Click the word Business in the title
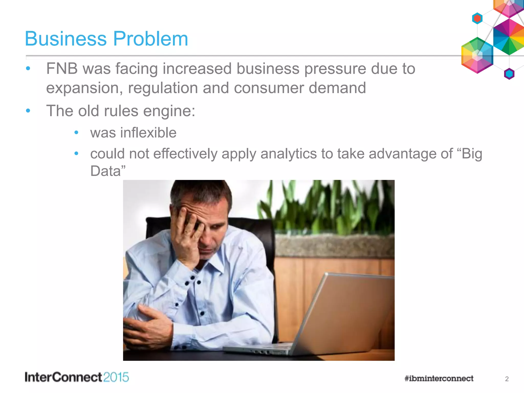coord(66,39)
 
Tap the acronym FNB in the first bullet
coord(62,69)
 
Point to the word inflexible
coord(148,133)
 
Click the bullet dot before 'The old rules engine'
coord(28,111)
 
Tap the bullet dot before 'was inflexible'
coord(76,133)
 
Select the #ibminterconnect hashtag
coord(439,378)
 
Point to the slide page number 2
coord(507,379)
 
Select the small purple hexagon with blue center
coord(509,74)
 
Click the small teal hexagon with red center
coord(477,18)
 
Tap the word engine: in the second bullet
coord(169,111)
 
